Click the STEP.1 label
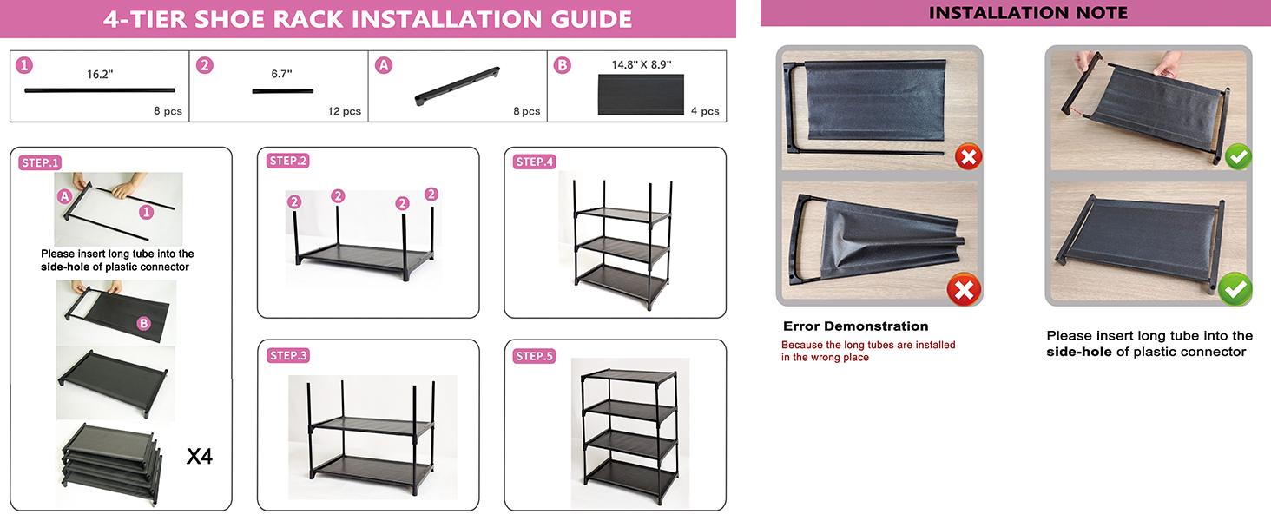40,163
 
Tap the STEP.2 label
287,162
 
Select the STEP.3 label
287,356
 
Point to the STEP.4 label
535,162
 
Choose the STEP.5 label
535,356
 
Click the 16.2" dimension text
100,75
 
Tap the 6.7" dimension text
281,74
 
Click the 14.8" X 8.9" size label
642,65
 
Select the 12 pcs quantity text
345,111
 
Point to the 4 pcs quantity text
705,111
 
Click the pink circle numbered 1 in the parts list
24,66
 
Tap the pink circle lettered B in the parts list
562,66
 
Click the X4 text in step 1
199,456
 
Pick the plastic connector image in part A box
458,86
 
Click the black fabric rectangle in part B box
641,94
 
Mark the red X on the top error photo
969,156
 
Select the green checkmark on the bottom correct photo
1235,289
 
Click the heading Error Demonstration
856,326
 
